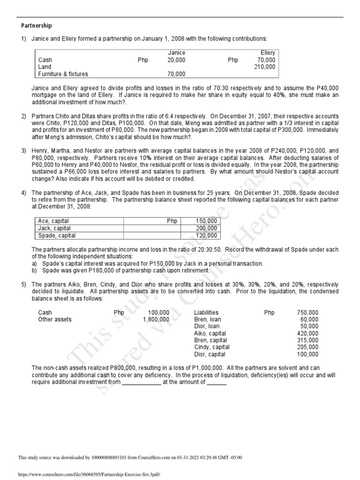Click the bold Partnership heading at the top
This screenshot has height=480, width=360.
[x=37, y=26]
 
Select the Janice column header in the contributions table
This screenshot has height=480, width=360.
[x=176, y=53]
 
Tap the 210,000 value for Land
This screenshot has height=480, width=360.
[x=266, y=67]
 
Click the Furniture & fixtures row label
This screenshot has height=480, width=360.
[x=63, y=74]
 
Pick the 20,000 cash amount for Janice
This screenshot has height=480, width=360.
[x=176, y=60]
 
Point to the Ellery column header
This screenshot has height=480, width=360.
[x=268, y=53]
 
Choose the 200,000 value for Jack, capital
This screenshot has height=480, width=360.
[x=206, y=228]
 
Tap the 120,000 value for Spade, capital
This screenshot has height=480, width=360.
[x=206, y=236]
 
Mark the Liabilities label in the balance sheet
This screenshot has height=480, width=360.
[x=206, y=313]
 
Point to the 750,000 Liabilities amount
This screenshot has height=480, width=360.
[x=307, y=313]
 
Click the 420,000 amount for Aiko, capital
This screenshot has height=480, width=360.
[x=307, y=334]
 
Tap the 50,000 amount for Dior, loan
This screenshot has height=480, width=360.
[x=309, y=327]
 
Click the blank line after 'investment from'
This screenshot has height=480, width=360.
[x=141, y=382]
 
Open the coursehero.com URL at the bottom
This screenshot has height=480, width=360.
[x=89, y=474]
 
